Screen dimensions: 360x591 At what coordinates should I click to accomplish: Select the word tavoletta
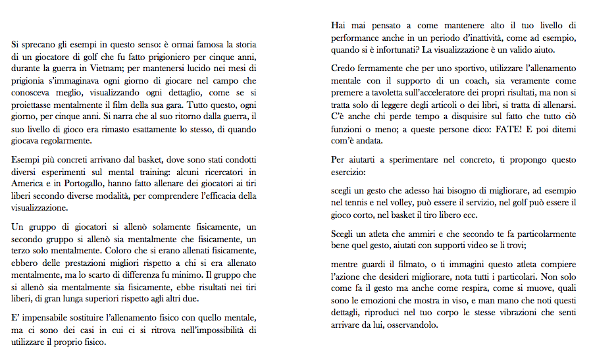tap(398, 92)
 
